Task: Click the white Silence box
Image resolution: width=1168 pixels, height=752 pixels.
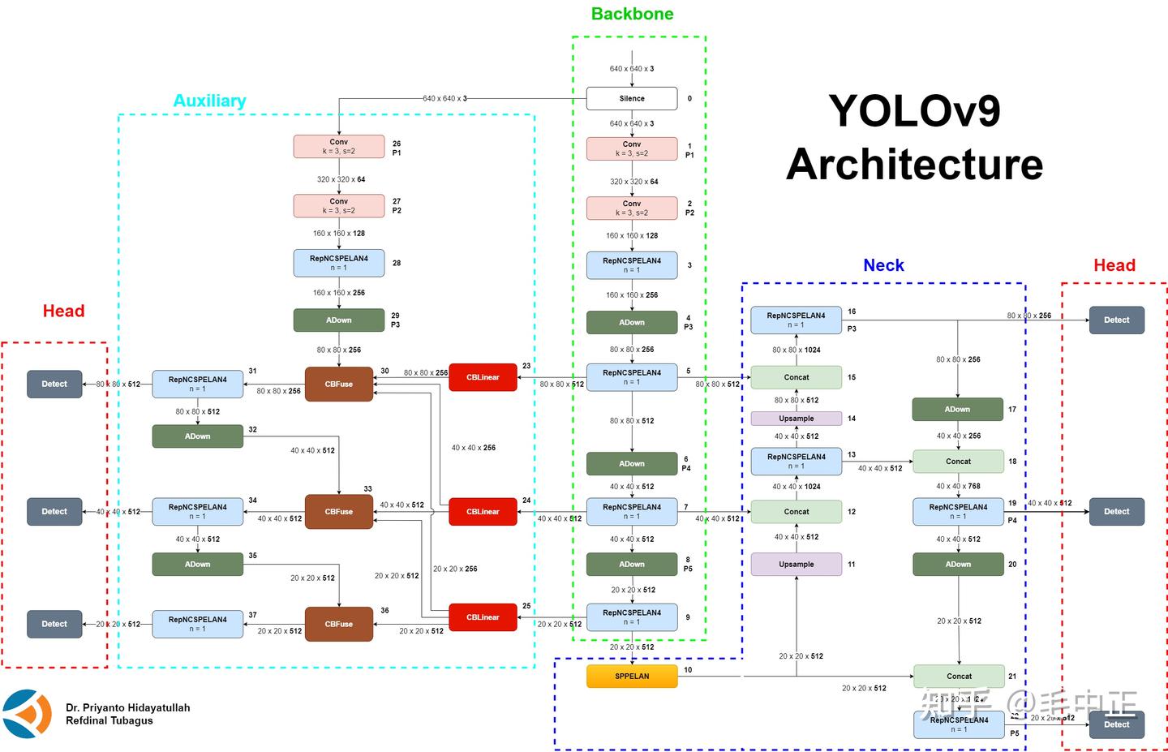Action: click(x=632, y=98)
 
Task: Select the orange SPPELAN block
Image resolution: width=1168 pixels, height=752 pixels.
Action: click(x=632, y=676)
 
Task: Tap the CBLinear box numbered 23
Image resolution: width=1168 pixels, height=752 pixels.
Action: click(x=483, y=377)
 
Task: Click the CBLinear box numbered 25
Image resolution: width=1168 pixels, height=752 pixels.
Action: click(x=483, y=617)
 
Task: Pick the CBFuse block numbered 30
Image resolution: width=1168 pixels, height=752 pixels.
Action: click(x=339, y=384)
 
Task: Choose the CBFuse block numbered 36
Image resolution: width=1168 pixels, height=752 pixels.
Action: click(x=339, y=624)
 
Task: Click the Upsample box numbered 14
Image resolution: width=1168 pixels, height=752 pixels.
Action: click(x=796, y=419)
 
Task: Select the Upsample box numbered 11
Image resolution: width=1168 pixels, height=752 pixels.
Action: click(x=796, y=564)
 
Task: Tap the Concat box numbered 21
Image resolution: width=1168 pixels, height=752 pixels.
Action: click(x=959, y=676)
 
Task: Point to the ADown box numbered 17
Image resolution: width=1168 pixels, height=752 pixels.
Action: click(x=958, y=409)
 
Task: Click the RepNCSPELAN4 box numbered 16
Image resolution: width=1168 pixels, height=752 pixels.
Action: click(x=796, y=320)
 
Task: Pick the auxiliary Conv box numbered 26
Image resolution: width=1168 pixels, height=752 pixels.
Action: click(x=339, y=146)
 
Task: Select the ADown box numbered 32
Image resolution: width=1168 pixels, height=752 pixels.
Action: click(x=197, y=436)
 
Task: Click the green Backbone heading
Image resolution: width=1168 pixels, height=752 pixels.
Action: click(x=632, y=14)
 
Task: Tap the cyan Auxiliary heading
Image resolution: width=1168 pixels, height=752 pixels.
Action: click(x=209, y=101)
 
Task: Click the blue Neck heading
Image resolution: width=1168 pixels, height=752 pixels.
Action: click(x=883, y=265)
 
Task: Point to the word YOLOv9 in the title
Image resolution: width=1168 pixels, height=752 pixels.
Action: click(x=914, y=110)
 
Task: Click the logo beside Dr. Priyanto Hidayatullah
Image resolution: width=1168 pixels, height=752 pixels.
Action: click(x=28, y=714)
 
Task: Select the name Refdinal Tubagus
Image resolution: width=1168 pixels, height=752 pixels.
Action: click(x=109, y=720)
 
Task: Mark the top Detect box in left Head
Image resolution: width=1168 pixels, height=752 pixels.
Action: click(x=54, y=384)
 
